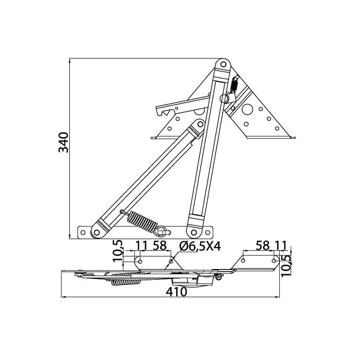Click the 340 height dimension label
pos(63,142)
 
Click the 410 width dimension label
pos(176,292)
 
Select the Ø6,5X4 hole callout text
pos(200,247)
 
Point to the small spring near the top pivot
pos(234,84)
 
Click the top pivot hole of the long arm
pos(223,65)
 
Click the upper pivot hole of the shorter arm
pos(200,124)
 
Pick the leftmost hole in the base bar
pos(83,232)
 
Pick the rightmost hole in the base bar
pos(207,232)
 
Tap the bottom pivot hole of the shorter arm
pos(97,232)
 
